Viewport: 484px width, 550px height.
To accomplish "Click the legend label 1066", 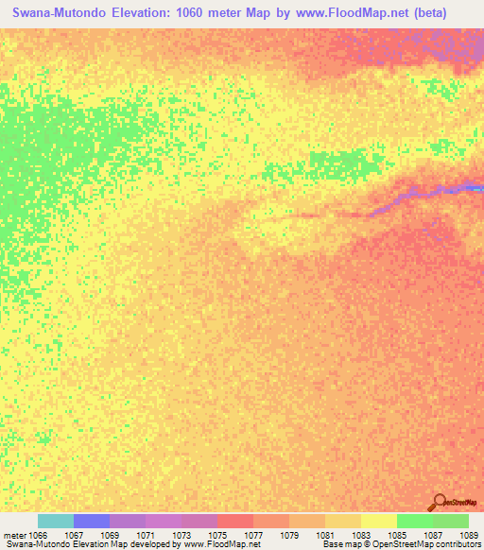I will (x=38, y=534).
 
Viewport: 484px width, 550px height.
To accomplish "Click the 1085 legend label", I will (x=415, y=534).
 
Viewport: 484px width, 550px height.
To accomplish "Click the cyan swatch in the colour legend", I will (x=56, y=521).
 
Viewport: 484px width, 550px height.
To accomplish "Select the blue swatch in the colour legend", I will (x=92, y=521).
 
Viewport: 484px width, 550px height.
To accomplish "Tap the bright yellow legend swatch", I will (x=379, y=521).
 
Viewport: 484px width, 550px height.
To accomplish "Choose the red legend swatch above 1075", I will (x=235, y=521).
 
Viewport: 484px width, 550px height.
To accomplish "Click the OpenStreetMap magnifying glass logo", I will (x=440, y=503).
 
